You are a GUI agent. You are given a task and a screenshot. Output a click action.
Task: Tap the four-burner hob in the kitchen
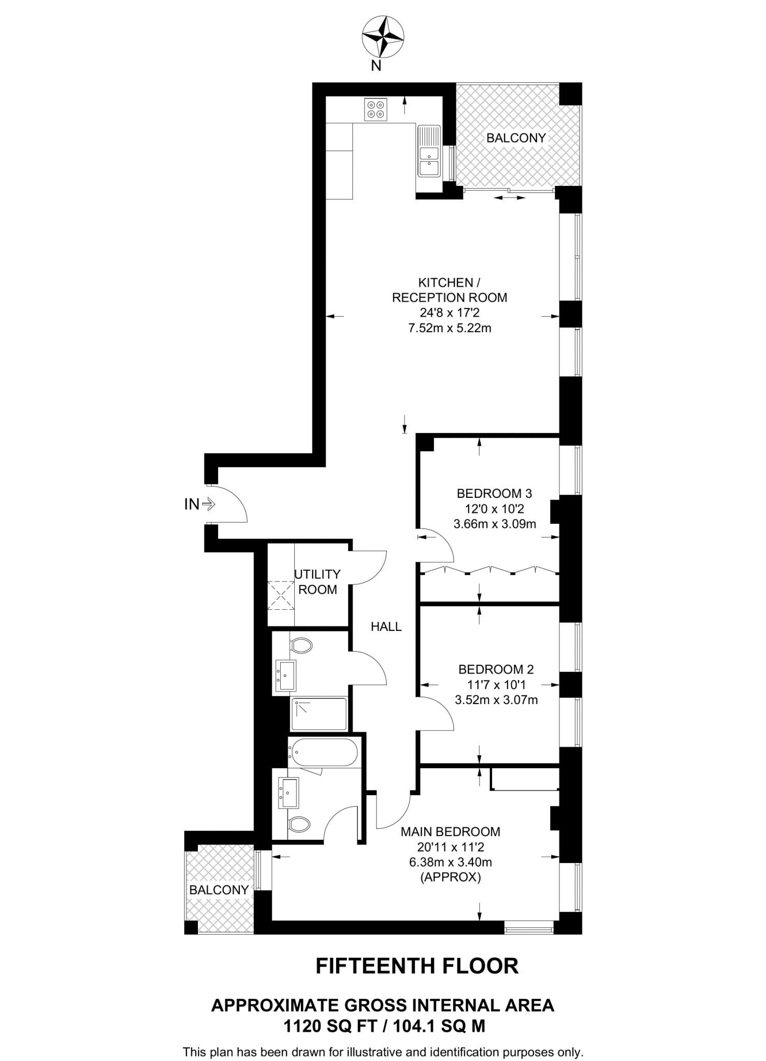[375, 109]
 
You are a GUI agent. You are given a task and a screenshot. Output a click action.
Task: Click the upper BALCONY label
[516, 138]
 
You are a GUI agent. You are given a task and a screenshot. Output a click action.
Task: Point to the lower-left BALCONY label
[219, 890]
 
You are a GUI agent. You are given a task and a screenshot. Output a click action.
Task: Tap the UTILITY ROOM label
[317, 582]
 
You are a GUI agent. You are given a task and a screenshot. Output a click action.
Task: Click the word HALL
[386, 627]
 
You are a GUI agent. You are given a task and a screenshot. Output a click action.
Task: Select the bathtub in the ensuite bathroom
[324, 752]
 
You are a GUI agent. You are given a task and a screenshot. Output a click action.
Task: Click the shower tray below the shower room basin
[319, 714]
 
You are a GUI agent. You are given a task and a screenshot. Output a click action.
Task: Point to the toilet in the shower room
[301, 646]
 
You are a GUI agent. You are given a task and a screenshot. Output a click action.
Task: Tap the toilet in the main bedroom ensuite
[299, 823]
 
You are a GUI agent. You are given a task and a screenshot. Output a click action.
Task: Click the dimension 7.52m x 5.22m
[449, 328]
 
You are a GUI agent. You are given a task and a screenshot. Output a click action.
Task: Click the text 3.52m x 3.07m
[496, 700]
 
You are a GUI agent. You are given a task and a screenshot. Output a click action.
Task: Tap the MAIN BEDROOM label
[451, 832]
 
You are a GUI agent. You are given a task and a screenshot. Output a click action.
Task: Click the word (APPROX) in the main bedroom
[450, 878]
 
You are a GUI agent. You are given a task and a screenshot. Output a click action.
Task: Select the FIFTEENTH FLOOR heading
[417, 966]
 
